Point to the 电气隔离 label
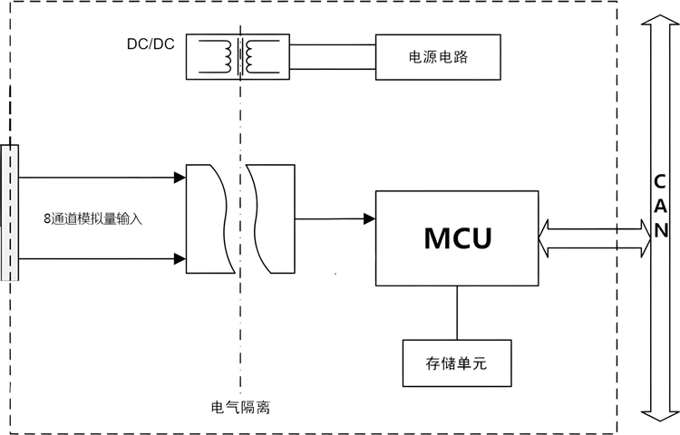point(239,408)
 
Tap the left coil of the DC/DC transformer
point(222,57)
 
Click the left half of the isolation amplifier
point(207,218)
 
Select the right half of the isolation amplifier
point(272,218)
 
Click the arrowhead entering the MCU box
point(370,218)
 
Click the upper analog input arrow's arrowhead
point(180,178)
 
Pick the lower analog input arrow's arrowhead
point(180,259)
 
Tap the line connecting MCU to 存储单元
point(457,314)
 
